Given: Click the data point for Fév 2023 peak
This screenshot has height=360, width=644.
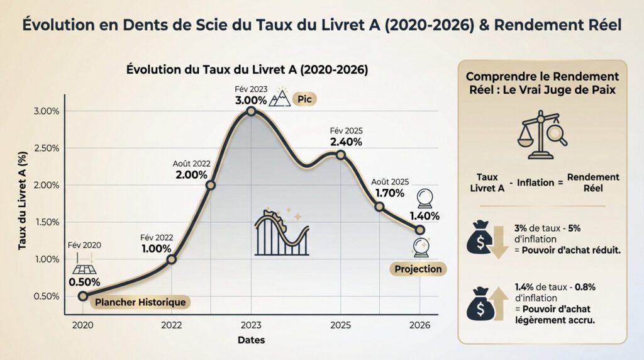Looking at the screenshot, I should (251, 111).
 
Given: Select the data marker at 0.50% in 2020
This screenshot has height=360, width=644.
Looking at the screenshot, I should (83, 296).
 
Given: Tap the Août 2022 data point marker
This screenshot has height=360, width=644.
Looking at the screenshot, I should (210, 185).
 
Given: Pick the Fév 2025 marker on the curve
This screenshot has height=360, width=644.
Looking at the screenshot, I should (340, 155).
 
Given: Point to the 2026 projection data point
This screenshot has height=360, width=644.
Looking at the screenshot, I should (419, 230).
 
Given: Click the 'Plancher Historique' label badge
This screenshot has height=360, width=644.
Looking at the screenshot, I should (140, 303).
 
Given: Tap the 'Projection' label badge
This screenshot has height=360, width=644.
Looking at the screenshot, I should (418, 269).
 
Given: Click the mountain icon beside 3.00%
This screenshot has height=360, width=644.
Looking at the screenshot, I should (279, 98).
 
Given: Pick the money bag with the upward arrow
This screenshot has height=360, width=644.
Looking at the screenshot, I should (487, 303).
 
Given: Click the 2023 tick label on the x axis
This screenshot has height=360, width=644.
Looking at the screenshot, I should (251, 325).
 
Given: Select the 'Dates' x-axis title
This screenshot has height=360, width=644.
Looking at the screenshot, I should (251, 340).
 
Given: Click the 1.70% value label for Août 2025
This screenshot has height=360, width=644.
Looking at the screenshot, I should (390, 193).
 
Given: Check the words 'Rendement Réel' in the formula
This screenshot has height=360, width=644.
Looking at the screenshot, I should (593, 183).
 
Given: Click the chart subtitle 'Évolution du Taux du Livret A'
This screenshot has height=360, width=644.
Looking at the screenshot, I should (247, 68).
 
